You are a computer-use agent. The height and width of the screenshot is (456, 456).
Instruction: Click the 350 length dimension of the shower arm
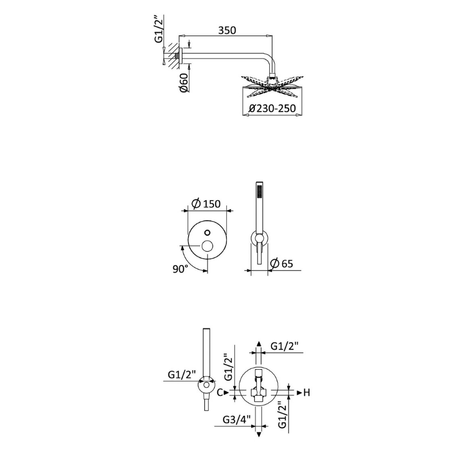pos(227,31)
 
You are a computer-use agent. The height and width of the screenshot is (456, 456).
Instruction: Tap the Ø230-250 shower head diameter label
pos(272,108)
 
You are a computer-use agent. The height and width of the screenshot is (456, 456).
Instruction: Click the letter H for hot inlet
pos(307,393)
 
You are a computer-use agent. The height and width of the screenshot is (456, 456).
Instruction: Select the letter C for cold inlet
pos(220,393)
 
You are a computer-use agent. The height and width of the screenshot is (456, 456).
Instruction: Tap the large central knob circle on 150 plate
pos(207,247)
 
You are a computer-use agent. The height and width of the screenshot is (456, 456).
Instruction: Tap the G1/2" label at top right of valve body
pos(284,346)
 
